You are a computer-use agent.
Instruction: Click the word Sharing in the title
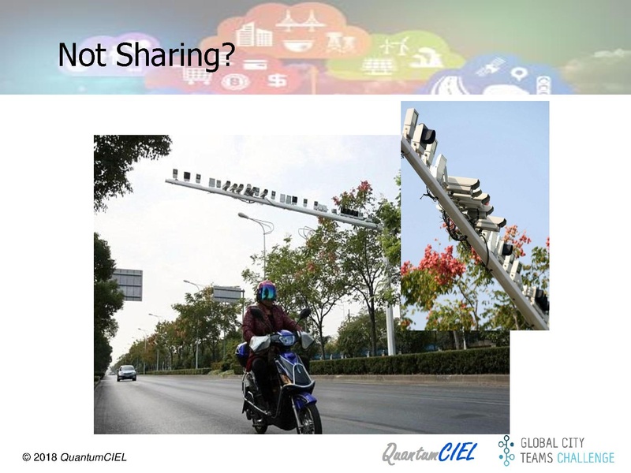tap(174, 54)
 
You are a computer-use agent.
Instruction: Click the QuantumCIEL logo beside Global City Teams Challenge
tap(429, 453)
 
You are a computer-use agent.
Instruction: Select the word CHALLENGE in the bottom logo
tap(586, 458)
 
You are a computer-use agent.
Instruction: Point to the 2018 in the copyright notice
tap(45, 457)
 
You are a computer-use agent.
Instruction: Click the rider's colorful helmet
tap(267, 291)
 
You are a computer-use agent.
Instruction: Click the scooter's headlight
tap(286, 340)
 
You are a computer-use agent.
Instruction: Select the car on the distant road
tap(126, 373)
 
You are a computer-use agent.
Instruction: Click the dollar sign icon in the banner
tap(278, 81)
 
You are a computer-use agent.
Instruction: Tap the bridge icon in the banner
tap(301, 21)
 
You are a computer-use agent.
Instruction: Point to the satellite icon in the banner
tap(491, 67)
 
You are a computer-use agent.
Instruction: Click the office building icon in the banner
tap(253, 34)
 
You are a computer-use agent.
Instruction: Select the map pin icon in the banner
tap(519, 74)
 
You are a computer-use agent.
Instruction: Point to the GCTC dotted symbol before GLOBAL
tap(506, 450)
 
